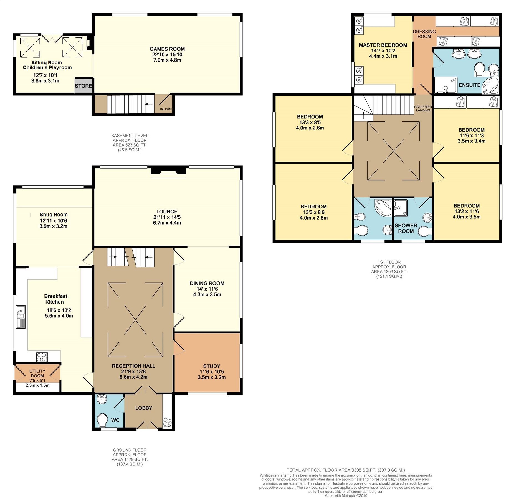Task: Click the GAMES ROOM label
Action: pos(167,49)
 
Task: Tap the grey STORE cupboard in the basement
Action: pos(83,86)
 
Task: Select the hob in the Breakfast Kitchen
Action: pos(42,357)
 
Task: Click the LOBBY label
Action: pos(144,408)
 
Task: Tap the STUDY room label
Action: pos(211,366)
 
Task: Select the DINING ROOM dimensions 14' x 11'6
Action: pos(207,289)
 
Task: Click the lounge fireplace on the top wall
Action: pos(168,172)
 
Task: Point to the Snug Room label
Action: pos(54,215)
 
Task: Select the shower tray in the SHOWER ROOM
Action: pos(401,208)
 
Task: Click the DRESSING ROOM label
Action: pos(424,34)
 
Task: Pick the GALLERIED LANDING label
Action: pos(423,108)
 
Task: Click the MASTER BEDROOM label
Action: pos(383,45)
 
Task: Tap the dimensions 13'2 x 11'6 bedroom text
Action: pos(467,211)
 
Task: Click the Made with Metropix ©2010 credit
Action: pos(346,496)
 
